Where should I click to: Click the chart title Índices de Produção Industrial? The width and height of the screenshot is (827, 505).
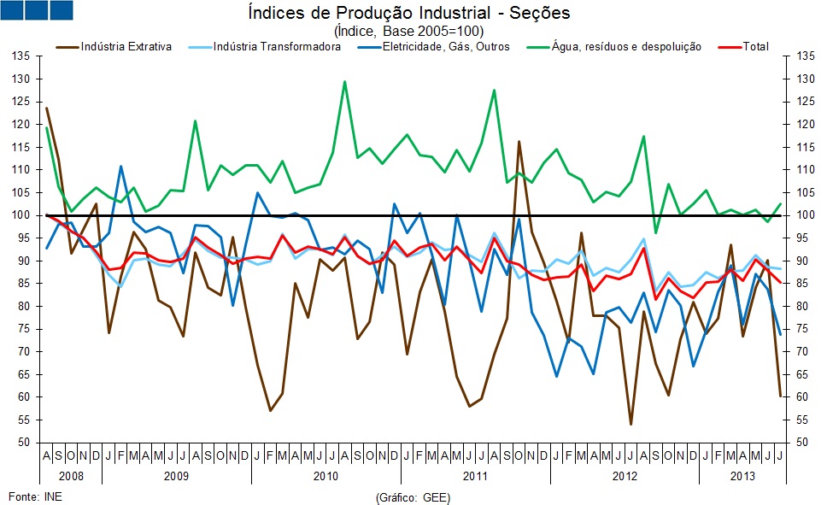click(x=408, y=14)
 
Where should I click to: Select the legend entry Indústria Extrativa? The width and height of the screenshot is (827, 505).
click(x=126, y=46)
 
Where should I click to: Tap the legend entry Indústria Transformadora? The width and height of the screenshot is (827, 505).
click(x=277, y=46)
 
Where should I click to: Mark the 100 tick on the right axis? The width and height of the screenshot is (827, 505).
click(x=804, y=214)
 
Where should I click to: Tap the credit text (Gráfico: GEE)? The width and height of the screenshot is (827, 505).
click(x=413, y=496)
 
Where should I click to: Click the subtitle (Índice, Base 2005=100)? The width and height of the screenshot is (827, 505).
click(x=408, y=30)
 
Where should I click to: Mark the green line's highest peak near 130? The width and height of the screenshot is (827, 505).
click(x=344, y=82)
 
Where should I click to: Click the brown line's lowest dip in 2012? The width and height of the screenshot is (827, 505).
click(x=631, y=424)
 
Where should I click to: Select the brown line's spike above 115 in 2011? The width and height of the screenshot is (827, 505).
click(x=519, y=142)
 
